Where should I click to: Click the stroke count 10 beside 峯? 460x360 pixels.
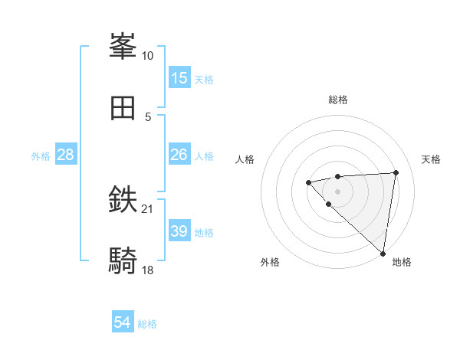tap(147, 56)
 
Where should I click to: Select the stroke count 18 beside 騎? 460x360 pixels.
tap(148, 270)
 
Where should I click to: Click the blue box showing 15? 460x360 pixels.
tap(179, 78)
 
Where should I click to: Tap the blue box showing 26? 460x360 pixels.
tap(179, 155)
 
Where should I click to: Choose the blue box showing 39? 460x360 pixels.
tap(179, 231)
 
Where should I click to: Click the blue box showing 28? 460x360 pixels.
tap(66, 155)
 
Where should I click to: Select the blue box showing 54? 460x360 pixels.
tap(123, 323)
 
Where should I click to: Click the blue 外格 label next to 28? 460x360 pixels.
tap(41, 156)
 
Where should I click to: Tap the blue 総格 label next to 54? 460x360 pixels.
tap(147, 324)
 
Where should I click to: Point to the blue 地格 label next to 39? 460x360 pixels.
tap(204, 233)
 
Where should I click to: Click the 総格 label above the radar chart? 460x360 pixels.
tap(337, 100)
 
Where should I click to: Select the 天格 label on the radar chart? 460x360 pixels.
tap(431, 159)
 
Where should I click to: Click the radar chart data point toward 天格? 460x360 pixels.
tap(396, 172)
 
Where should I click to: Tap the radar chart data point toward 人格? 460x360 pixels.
tap(308, 182)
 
